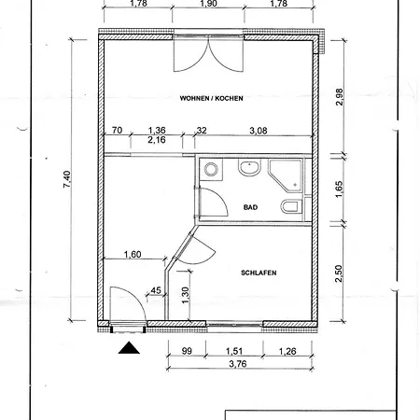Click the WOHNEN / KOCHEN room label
[x=211, y=98]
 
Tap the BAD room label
[x=250, y=207]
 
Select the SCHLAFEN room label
[x=259, y=273]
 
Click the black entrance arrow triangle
[x=129, y=348]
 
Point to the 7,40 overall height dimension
[x=67, y=179]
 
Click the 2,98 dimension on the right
[x=340, y=97]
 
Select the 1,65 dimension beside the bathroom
[x=339, y=189]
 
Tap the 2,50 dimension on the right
[x=339, y=273]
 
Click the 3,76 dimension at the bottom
[x=238, y=363]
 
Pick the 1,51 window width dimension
[x=234, y=351]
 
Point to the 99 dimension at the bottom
[x=187, y=351]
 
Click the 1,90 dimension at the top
[x=209, y=4]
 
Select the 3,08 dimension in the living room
[x=259, y=131]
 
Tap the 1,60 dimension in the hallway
[x=133, y=254]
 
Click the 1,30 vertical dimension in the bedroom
[x=185, y=295]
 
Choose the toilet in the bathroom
[x=291, y=206]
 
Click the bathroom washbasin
[x=249, y=167]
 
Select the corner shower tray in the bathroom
[x=286, y=175]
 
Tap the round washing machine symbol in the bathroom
[x=211, y=170]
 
